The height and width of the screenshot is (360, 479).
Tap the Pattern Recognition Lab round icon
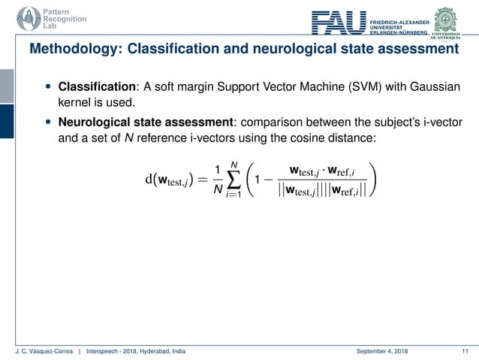click(x=20, y=17)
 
